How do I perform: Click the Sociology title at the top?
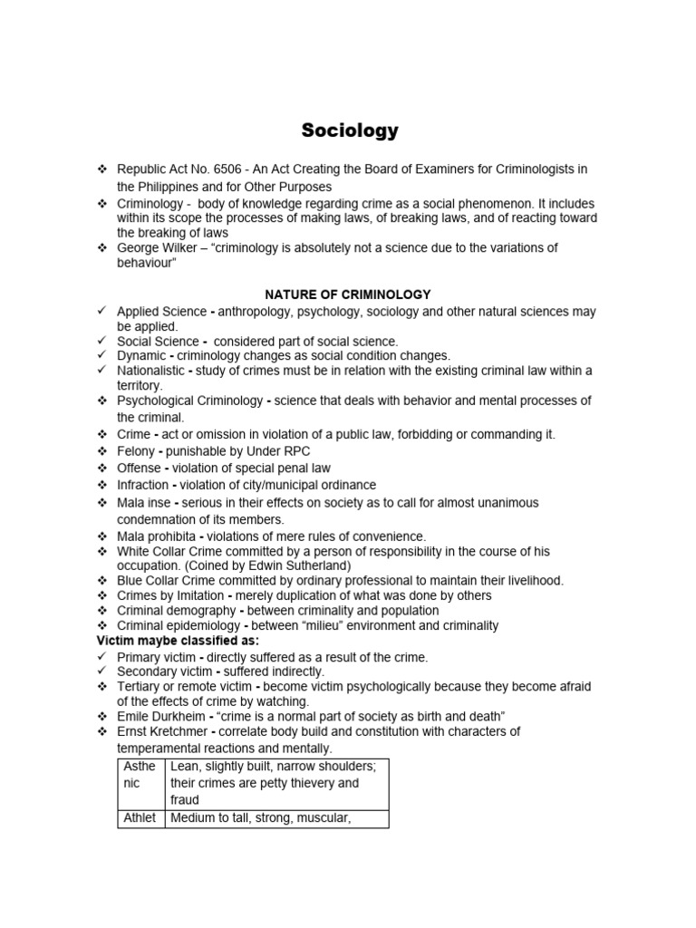click(349, 130)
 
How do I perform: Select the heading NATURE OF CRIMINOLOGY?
click(347, 295)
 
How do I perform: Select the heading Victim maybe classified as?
click(165, 641)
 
